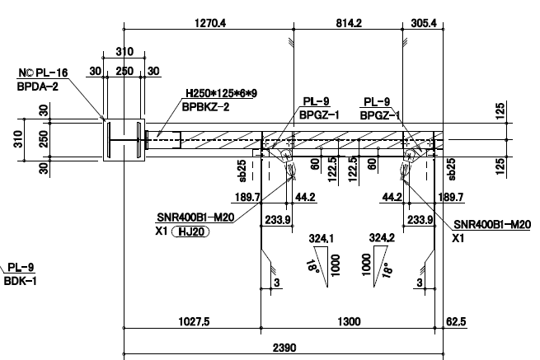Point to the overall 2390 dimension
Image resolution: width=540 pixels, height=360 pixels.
(x=284, y=349)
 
